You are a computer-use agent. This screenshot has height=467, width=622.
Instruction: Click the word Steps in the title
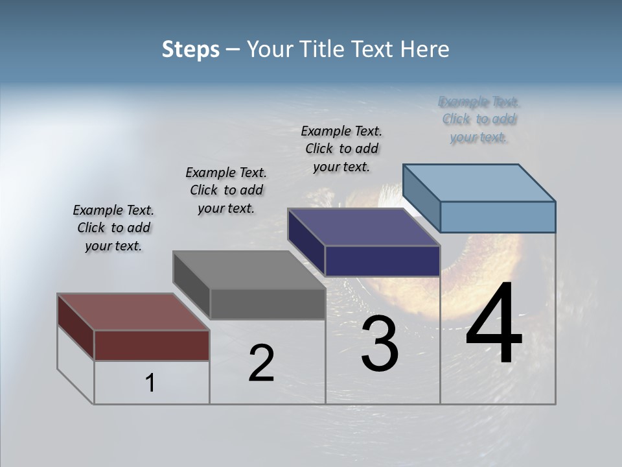coord(190,49)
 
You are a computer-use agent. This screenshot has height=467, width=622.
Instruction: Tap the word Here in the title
coord(424,49)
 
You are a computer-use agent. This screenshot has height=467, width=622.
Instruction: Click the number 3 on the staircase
coord(380,344)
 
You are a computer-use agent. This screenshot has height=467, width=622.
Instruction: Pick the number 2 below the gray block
coord(261,363)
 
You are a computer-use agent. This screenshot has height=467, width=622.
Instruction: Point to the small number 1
coord(150,383)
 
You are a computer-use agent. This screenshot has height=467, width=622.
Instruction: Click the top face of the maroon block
coord(133,312)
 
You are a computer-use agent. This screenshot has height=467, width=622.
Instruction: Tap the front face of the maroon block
coord(152,345)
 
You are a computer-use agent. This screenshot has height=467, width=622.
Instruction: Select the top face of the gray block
coord(249,270)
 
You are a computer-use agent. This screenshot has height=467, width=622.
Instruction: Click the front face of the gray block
coord(267,304)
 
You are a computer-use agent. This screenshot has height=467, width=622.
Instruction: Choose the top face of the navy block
coord(364,227)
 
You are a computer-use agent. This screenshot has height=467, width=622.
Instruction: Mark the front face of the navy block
coord(382,261)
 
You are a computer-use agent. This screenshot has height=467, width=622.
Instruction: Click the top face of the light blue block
coord(479,182)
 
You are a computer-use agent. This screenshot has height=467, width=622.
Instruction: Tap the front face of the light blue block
coord(498,217)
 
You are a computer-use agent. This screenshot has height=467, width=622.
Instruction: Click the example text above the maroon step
coord(113,228)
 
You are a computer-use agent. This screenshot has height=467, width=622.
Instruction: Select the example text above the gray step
coord(226,190)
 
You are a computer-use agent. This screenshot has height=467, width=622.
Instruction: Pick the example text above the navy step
coord(341,149)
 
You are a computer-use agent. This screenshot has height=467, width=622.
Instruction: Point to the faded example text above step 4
coord(479,119)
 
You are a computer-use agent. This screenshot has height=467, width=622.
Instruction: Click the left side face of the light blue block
coord(422,198)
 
